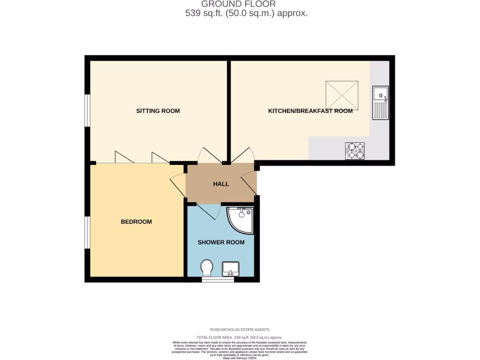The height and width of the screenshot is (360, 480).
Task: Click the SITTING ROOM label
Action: tap(158, 111)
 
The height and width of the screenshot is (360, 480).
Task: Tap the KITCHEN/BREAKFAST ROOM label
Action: tap(310, 111)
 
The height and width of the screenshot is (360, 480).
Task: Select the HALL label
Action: tap(221, 184)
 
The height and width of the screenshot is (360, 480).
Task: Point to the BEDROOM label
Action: tap(136, 222)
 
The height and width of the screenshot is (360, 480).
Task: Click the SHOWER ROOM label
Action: tap(221, 242)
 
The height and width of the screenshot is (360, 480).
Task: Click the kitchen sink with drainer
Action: tap(380, 103)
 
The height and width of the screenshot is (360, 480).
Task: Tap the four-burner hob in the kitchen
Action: tap(355, 150)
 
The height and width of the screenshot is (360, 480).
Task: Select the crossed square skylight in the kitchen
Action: tap(342, 95)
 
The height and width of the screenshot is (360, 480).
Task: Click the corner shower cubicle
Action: tap(241, 219)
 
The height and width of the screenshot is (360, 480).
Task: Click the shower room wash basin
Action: tap(230, 269)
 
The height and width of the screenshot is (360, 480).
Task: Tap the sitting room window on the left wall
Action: tap(87, 111)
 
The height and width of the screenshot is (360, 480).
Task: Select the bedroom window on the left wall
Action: tap(87, 232)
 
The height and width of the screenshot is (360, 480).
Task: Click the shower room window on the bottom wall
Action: tap(217, 280)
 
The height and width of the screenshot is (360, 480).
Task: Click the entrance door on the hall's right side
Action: tap(249, 183)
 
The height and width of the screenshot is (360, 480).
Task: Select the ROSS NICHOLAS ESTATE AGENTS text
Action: tap(240, 330)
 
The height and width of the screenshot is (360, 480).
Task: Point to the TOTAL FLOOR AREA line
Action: tap(240, 337)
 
